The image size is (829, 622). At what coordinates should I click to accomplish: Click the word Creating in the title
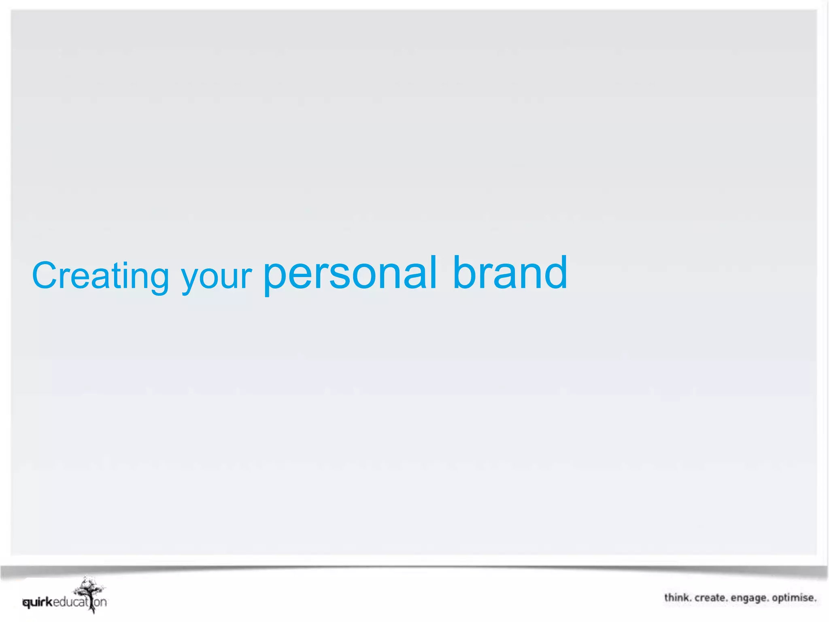[100, 276]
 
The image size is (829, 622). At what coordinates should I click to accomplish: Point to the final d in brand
[557, 272]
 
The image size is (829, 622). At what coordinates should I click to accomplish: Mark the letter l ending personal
[433, 272]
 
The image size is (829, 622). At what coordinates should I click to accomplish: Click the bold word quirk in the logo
[38, 603]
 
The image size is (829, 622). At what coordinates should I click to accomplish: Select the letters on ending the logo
[100, 602]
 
